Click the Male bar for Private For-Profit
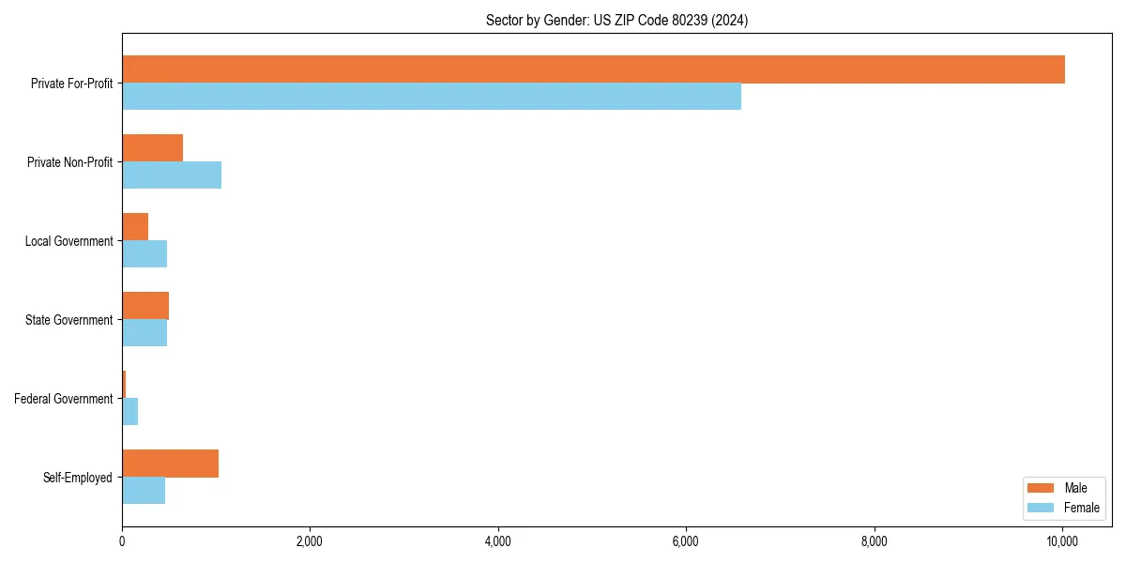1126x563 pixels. pyautogui.click(x=593, y=69)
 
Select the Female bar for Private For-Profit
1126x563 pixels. pyautogui.click(x=432, y=96)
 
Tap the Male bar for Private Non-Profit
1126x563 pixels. pyautogui.click(x=152, y=148)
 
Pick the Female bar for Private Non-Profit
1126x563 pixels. pyautogui.click(x=172, y=175)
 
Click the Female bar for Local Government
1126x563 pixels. pyautogui.click(x=145, y=253)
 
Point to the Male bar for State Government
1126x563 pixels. pyautogui.click(x=145, y=306)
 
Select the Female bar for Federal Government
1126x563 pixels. pyautogui.click(x=130, y=411)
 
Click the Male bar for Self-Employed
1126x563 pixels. pyautogui.click(x=170, y=464)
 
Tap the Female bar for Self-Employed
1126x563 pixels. pyautogui.click(x=144, y=490)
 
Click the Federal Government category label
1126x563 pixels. pyautogui.click(x=64, y=399)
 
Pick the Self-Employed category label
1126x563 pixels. pyautogui.click(x=78, y=478)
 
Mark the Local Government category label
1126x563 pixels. pyautogui.click(x=68, y=241)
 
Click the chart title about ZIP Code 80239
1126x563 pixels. pyautogui.click(x=616, y=20)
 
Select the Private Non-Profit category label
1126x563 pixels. pyautogui.click(x=69, y=162)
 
